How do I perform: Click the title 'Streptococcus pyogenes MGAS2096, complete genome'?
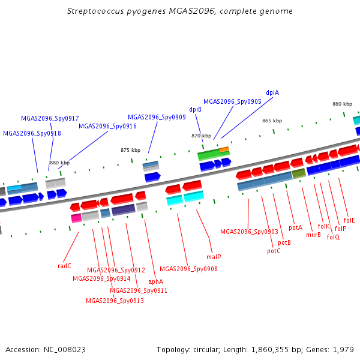[x=179, y=11]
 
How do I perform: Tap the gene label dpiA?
[x=272, y=93]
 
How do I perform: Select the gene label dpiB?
[x=195, y=110]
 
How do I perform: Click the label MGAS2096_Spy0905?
[x=232, y=102]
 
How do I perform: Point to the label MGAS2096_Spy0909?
[x=157, y=118]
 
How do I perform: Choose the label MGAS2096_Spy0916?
[x=107, y=127]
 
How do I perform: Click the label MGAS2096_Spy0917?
[x=50, y=119]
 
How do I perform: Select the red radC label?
[x=65, y=266]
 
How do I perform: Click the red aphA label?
[x=156, y=281]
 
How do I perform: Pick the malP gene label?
[x=214, y=257]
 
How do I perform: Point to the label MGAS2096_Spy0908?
[x=188, y=269]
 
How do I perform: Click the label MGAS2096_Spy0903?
[x=249, y=232]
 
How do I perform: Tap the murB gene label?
[x=313, y=235]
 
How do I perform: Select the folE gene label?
[x=349, y=221]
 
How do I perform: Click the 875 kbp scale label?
[x=130, y=151]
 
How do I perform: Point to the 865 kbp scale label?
[x=272, y=121]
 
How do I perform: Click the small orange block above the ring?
[x=224, y=149]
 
